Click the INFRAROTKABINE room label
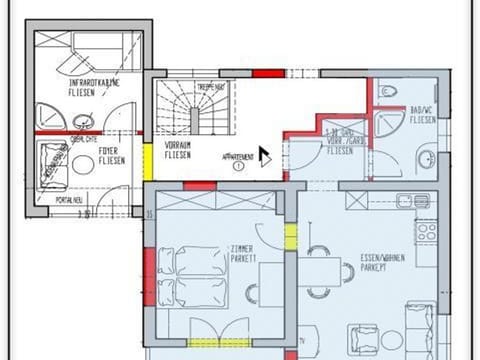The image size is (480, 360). [95, 82]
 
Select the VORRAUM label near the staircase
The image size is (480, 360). [177, 146]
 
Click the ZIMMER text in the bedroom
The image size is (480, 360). [242, 248]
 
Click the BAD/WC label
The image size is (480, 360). [422, 111]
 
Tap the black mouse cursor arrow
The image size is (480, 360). [265, 156]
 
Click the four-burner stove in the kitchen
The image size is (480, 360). [427, 232]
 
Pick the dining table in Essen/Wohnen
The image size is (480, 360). [318, 271]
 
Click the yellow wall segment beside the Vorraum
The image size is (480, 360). [148, 162]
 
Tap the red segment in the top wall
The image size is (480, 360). [267, 73]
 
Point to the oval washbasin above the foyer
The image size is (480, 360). [82, 122]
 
